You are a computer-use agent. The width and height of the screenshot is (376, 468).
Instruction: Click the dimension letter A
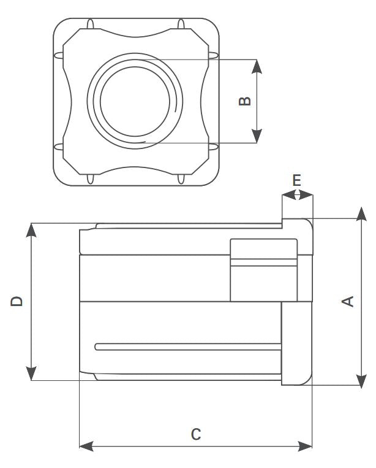[348, 301]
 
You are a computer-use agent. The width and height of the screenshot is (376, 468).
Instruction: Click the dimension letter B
[244, 101]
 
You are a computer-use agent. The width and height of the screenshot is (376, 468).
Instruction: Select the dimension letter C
[196, 434]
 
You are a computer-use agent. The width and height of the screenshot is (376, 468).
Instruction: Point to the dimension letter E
[296, 180]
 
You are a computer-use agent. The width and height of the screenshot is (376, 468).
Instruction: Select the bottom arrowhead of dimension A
[361, 380]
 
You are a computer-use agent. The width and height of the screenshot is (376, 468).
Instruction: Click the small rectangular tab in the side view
[263, 270]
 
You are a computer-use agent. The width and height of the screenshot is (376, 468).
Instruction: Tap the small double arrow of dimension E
[297, 195]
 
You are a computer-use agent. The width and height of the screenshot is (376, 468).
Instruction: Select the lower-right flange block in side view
[296, 343]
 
